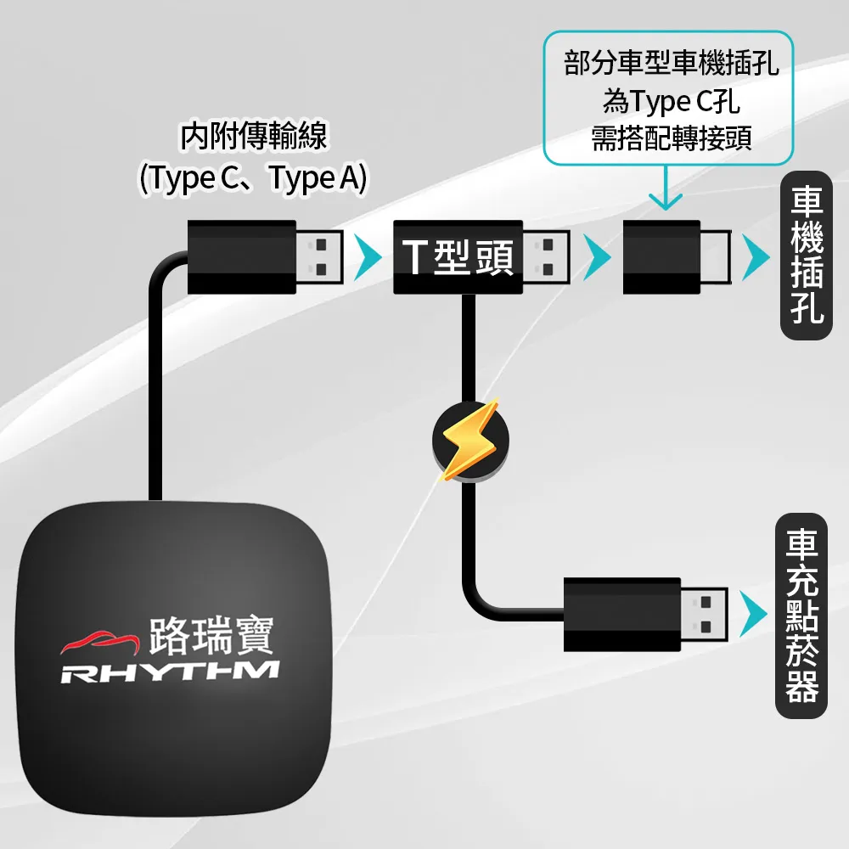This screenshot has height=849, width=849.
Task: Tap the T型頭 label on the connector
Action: point(458,257)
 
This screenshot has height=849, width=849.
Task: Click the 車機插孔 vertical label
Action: point(806,256)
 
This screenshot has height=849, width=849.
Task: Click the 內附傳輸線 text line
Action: point(253,137)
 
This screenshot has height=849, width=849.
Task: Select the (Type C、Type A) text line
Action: point(252,178)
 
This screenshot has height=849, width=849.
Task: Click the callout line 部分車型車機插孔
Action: point(671,64)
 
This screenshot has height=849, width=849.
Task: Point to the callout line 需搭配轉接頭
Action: point(671,138)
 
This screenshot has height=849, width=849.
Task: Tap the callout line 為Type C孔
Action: point(671,102)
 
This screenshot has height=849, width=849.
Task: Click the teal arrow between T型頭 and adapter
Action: point(599,257)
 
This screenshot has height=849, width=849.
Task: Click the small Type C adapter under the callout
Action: point(662,257)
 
